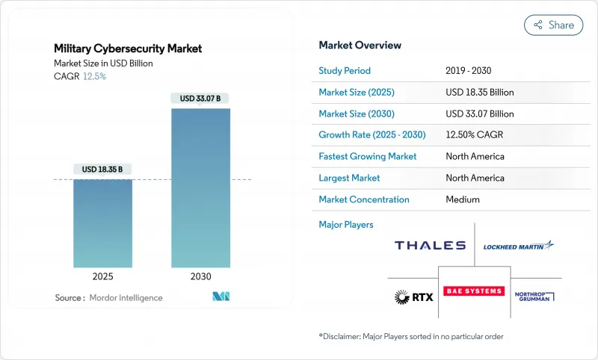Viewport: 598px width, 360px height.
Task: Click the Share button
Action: [554, 25]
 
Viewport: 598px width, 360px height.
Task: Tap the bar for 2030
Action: [200, 187]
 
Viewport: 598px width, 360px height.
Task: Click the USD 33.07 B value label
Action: [200, 98]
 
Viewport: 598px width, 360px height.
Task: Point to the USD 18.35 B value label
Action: [102, 170]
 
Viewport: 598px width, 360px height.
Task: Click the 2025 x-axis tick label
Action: [102, 276]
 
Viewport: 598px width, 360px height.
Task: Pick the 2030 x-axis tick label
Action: [200, 276]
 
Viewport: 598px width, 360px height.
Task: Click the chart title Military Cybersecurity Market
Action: [128, 49]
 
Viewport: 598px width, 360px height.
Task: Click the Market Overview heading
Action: [360, 45]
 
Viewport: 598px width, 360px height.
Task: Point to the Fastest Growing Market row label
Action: [368, 157]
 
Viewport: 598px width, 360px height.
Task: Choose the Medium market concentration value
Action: [463, 199]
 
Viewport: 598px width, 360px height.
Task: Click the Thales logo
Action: [430, 246]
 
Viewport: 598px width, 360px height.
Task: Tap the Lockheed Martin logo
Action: [518, 246]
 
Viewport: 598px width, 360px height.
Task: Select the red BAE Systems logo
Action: [474, 291]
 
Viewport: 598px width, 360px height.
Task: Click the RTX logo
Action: [410, 297]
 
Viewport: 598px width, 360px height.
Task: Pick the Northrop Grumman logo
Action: [534, 297]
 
